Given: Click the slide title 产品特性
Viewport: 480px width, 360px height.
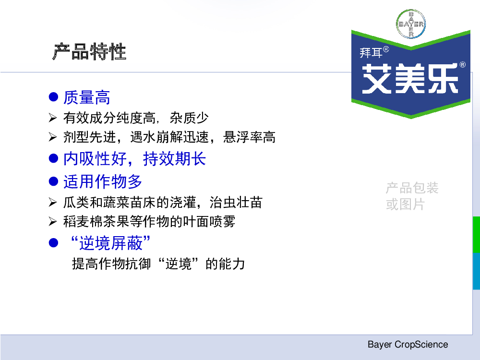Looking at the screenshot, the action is click(89, 51).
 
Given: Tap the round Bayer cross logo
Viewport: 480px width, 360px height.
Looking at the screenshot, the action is click(411, 24).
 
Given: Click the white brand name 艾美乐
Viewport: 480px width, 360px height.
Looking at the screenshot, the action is click(410, 79).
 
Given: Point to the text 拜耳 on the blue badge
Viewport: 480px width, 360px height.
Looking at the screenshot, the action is click(371, 53).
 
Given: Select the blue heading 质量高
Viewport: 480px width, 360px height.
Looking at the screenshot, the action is click(86, 97).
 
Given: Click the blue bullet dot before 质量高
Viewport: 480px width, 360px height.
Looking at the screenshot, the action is click(54, 97).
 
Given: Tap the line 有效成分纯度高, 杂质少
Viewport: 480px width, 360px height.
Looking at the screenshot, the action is click(136, 118).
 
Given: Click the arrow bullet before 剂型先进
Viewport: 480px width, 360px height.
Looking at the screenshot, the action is click(53, 137).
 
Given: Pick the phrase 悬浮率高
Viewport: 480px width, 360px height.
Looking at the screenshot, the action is click(249, 137).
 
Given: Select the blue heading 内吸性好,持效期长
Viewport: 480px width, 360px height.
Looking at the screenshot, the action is click(134, 158).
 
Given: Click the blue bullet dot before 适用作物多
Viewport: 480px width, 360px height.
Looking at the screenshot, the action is click(54, 181).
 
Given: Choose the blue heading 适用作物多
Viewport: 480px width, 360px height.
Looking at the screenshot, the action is click(103, 181).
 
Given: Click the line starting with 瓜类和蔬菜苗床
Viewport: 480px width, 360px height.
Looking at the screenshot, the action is click(163, 203).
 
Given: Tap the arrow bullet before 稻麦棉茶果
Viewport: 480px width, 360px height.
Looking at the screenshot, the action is click(53, 221).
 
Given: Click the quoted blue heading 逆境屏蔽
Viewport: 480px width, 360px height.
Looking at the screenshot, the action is click(110, 243).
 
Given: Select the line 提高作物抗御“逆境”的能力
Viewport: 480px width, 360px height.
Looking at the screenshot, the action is click(158, 264).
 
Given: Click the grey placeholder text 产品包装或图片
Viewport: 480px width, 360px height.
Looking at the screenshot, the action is click(412, 196).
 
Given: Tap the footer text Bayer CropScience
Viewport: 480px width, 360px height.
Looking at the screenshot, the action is click(408, 344).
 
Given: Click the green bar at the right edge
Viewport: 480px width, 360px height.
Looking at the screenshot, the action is click(476, 235).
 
